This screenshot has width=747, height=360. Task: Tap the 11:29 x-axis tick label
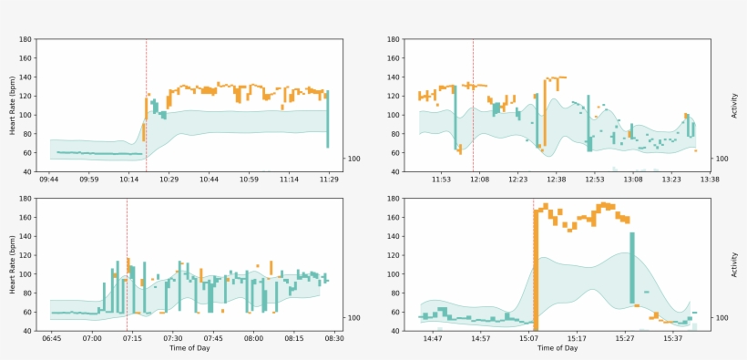329,180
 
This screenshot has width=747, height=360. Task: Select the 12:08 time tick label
479,180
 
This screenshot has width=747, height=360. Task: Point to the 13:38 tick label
710,180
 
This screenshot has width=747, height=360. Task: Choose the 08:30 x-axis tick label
334,338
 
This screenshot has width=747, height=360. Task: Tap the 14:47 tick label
432,338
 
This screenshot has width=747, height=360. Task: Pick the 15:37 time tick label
672,338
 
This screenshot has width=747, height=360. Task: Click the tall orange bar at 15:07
536,273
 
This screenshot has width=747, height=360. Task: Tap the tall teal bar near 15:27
631,264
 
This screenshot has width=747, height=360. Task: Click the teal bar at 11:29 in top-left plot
328,118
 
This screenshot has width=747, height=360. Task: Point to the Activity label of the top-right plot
734,106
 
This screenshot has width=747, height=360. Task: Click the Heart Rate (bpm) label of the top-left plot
13,106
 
